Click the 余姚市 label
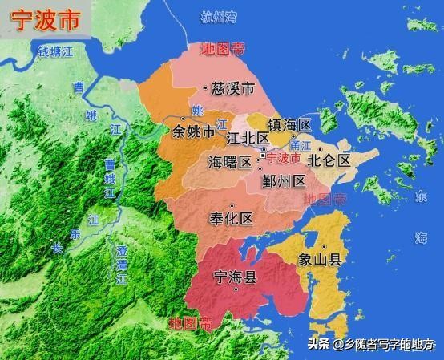point(193,131)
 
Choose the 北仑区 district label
point(330,160)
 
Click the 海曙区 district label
point(229,161)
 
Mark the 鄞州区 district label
point(283,180)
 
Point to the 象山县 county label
point(320,259)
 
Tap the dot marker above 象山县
point(324,246)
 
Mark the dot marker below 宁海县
point(236,289)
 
